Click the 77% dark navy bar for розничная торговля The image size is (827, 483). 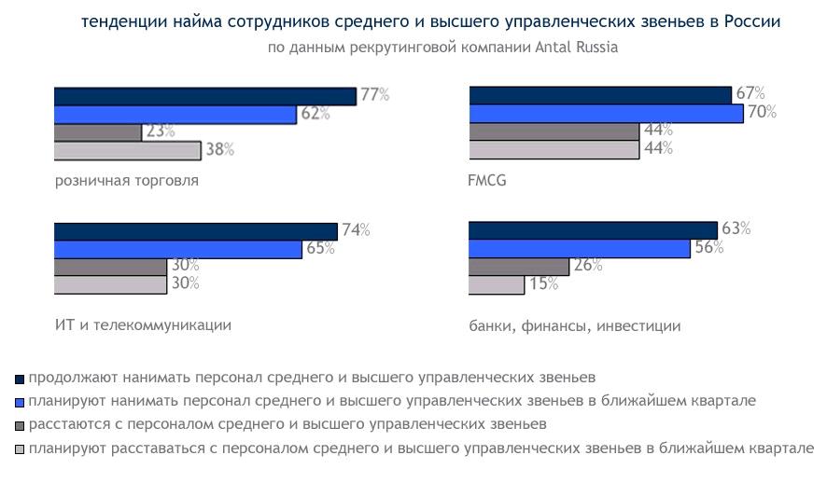click(x=204, y=96)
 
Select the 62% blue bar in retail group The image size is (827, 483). click(x=175, y=114)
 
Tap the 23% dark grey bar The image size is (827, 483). click(x=98, y=131)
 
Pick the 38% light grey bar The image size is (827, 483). click(x=127, y=150)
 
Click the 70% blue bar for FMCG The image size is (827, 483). click(x=606, y=113)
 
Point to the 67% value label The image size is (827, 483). click(x=750, y=93)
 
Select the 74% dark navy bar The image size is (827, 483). click(x=195, y=231)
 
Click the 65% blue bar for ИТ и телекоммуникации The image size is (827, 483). click(x=178, y=249)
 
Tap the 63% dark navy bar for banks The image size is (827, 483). click(x=593, y=230)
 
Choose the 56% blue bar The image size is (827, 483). click(x=579, y=248)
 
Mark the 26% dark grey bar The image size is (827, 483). click(x=518, y=266)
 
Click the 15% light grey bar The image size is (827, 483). click(x=497, y=284)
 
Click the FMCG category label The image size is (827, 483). click(x=486, y=180)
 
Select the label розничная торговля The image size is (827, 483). click(x=126, y=180)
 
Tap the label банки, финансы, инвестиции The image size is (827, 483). click(x=574, y=325)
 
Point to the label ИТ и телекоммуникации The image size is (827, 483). click(x=143, y=324)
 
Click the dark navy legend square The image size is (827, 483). click(x=20, y=379)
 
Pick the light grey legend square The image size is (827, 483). click(x=20, y=449)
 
